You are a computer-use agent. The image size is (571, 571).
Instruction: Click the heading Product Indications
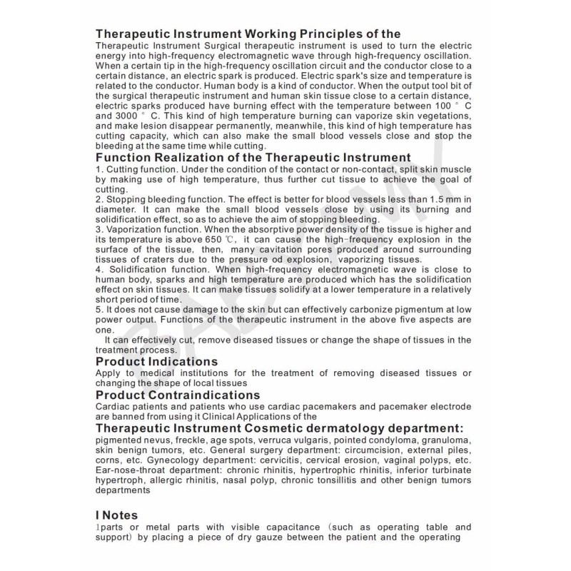pos(156,362)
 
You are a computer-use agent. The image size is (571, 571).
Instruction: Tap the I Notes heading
pos(116,515)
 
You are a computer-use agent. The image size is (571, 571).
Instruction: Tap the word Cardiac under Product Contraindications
pos(113,406)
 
